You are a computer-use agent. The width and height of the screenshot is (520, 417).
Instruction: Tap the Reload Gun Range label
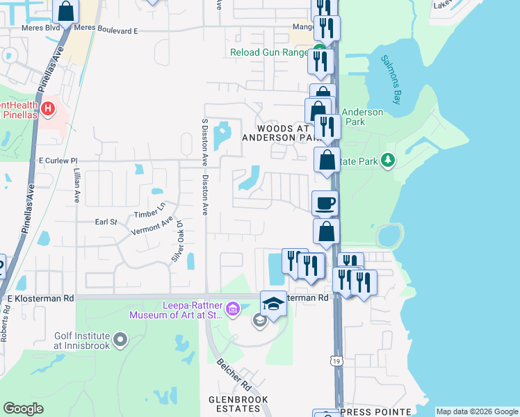click(270, 52)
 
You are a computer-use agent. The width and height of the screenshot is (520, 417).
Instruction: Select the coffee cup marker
click(325, 204)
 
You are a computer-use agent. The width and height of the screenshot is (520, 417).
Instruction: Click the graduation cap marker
click(273, 304)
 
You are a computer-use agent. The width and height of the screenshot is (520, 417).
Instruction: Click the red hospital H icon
click(47, 108)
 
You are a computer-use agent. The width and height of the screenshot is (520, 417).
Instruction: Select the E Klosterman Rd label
click(40, 297)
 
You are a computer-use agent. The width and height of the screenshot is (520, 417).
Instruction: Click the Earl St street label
click(106, 222)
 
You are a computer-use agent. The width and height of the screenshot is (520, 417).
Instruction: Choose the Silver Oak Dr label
click(176, 241)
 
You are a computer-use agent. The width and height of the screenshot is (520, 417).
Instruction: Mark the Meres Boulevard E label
click(106, 31)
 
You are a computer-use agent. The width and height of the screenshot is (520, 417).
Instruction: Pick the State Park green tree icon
click(388, 161)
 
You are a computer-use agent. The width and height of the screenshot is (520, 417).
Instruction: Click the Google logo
click(24, 408)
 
